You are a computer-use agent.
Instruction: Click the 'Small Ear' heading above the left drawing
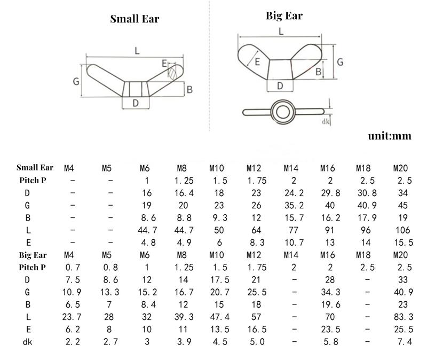pos(135,19)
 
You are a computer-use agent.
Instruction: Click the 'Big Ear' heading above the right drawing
pos(284,15)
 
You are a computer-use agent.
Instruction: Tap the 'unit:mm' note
pos(390,136)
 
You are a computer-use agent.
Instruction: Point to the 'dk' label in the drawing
pos(325,122)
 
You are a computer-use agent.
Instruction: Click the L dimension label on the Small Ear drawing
pos(137,51)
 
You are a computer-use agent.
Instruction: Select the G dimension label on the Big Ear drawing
pos(339,62)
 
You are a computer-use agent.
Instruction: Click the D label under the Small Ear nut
pos(136,103)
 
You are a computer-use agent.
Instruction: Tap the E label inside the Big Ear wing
pos(257,62)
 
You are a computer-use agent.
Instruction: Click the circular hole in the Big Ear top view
pos(280,112)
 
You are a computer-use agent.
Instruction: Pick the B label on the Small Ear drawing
pos(189,90)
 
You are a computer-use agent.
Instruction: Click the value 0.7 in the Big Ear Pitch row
pos(72,267)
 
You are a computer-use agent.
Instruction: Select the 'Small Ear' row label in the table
pos(35,168)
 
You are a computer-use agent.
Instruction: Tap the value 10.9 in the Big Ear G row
pos(72,292)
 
